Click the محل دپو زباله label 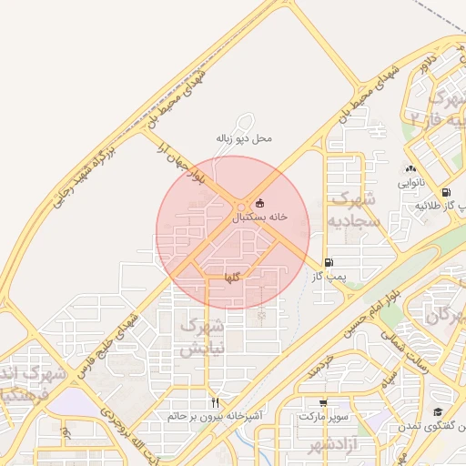tap(244, 138)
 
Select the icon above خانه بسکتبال tap(260, 203)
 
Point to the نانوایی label tap(410, 183)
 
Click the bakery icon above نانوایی tap(410, 168)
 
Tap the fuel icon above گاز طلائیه tap(445, 192)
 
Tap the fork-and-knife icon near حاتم tap(215, 401)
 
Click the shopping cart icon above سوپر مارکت tap(323, 402)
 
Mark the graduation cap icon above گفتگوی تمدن tap(437, 412)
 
